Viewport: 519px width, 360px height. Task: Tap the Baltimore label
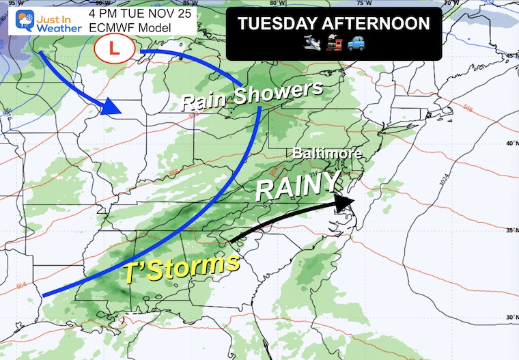click(x=327, y=154)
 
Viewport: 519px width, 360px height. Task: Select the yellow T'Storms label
click(x=185, y=268)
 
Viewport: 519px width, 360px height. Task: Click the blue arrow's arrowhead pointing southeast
click(x=111, y=108)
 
